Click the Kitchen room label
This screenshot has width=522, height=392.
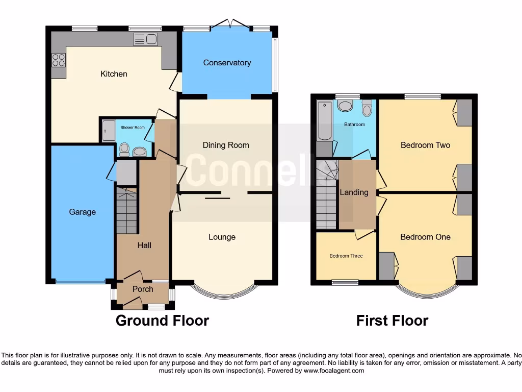click(114, 74)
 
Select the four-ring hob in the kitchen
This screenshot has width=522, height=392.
click(58, 60)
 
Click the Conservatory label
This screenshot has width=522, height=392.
click(227, 63)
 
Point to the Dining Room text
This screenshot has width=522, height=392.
click(226, 145)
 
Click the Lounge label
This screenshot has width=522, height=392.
click(222, 237)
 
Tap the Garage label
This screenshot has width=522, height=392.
click(82, 212)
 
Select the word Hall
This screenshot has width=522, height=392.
click(144, 245)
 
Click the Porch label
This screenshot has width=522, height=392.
click(143, 289)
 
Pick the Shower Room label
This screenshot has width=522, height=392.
click(133, 128)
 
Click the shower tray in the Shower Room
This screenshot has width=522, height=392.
click(109, 131)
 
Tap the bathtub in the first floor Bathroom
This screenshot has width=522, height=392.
click(324, 121)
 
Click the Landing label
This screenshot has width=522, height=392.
click(354, 192)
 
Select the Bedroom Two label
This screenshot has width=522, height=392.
click(425, 145)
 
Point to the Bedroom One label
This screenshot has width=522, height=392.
click(425, 237)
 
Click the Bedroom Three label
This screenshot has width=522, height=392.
click(346, 256)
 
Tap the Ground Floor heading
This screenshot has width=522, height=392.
click(162, 321)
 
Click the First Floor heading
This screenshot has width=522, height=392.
click(392, 321)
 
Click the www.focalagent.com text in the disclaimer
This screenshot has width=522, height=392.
click(334, 371)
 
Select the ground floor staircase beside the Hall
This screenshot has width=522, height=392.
click(126, 210)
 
